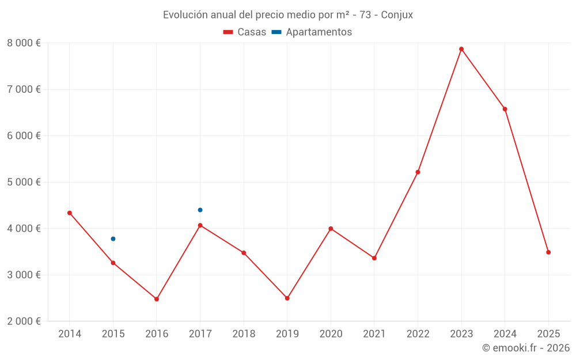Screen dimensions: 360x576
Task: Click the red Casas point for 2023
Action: click(461, 49)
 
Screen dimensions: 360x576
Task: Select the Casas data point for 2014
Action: click(70, 213)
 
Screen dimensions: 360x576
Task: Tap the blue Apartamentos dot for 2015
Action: click(113, 238)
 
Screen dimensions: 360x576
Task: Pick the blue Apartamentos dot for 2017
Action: click(200, 210)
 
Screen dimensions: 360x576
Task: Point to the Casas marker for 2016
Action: click(157, 299)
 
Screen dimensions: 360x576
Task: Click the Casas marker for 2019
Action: click(287, 298)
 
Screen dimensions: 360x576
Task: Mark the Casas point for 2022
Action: click(418, 172)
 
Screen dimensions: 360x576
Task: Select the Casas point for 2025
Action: click(548, 252)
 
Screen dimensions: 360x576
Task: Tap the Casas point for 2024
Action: click(505, 109)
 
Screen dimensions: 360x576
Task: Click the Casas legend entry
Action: click(245, 32)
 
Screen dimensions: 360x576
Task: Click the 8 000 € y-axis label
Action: click(24, 43)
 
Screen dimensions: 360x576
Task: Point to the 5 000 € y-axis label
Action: click(24, 182)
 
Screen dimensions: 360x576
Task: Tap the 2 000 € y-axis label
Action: click(24, 321)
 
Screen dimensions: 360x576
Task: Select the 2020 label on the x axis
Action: click(331, 334)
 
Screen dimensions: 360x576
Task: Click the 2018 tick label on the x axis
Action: click(244, 334)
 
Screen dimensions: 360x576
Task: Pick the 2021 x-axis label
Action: click(374, 334)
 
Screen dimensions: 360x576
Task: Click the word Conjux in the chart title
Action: click(397, 15)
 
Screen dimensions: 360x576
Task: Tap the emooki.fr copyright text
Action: click(526, 348)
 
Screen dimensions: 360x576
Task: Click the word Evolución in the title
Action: click(184, 15)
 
